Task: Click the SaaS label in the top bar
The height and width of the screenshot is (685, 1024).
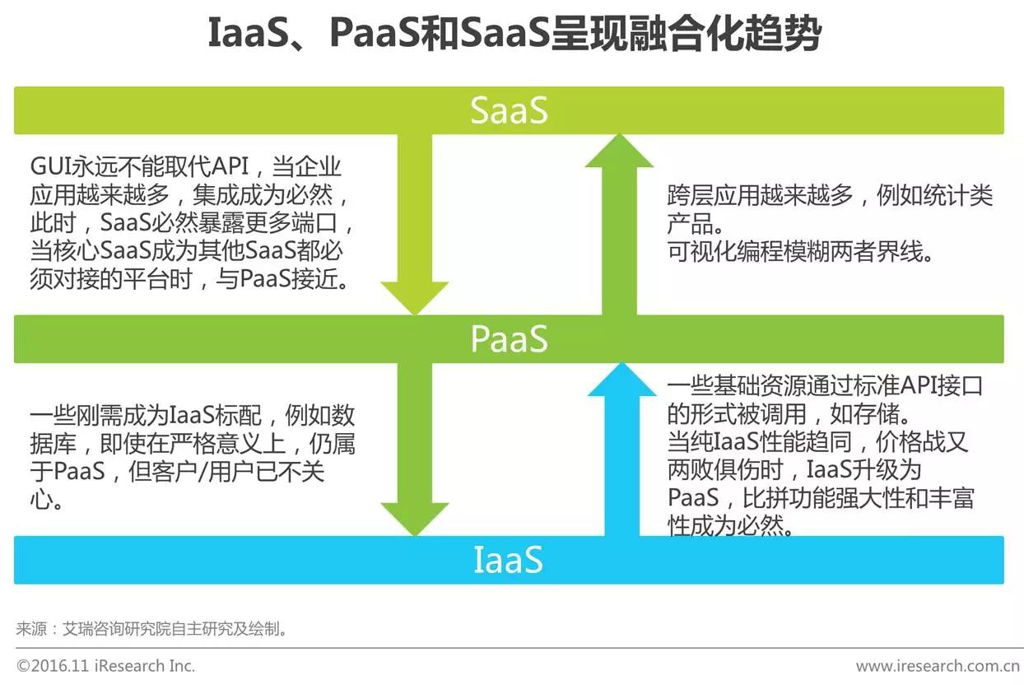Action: [509, 111]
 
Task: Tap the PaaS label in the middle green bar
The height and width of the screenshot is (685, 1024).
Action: [509, 338]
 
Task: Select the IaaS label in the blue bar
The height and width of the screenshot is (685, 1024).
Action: [509, 561]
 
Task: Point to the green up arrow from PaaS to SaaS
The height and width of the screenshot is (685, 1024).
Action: [619, 222]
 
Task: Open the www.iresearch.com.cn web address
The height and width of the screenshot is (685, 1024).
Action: [938, 665]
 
